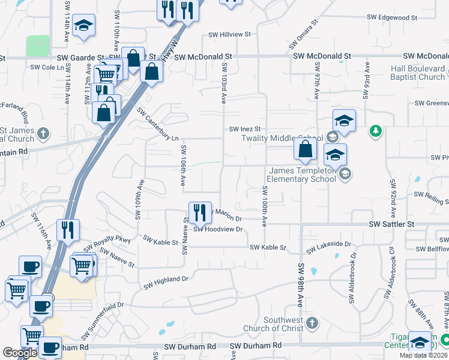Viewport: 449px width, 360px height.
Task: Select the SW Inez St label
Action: tap(245, 129)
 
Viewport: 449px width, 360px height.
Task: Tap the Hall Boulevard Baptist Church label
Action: tap(418, 73)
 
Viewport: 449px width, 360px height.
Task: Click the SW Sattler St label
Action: tap(391, 224)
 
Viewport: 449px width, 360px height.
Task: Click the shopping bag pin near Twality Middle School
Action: tap(306, 150)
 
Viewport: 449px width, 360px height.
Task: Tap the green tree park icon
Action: tap(376, 130)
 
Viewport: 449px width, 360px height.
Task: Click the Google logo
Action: tap(20, 353)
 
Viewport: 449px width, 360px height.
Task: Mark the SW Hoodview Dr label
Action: tap(218, 229)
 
